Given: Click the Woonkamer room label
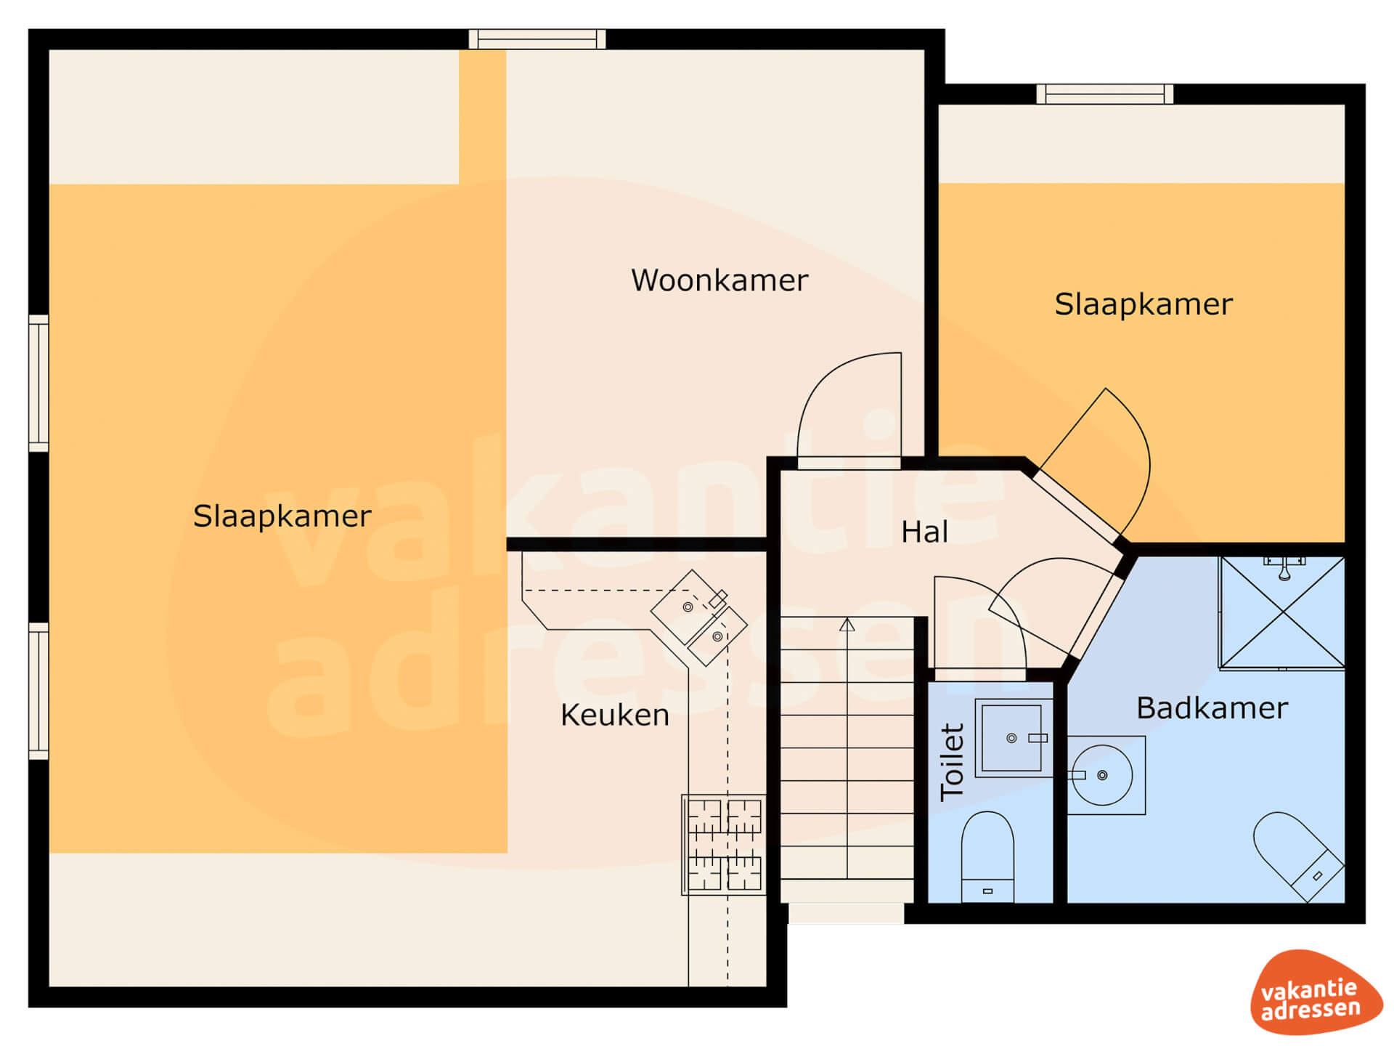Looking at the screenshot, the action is (x=719, y=280).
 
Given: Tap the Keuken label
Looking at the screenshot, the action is (x=614, y=715).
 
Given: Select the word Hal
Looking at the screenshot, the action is (x=924, y=532).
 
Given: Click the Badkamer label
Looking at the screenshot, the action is (x=1212, y=708).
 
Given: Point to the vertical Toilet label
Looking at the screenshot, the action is (x=952, y=762).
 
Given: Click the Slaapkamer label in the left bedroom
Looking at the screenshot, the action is (x=282, y=516).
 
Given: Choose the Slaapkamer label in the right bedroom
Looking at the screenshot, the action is (x=1144, y=304).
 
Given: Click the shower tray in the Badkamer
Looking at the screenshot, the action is (x=1282, y=612).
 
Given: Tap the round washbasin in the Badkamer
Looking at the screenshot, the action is (x=1102, y=775).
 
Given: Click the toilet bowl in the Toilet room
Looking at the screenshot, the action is (x=987, y=857).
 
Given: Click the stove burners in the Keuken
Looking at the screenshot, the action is (x=724, y=845).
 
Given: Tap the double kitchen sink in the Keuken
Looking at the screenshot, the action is (x=698, y=618).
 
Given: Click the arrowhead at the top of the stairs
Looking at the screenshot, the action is (x=847, y=625).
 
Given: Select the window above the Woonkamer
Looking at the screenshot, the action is (x=537, y=38).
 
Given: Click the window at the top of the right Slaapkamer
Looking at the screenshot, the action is (x=1105, y=94).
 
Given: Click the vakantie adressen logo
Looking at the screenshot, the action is (x=1316, y=992).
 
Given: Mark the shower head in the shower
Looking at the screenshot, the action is (x=1284, y=569).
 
